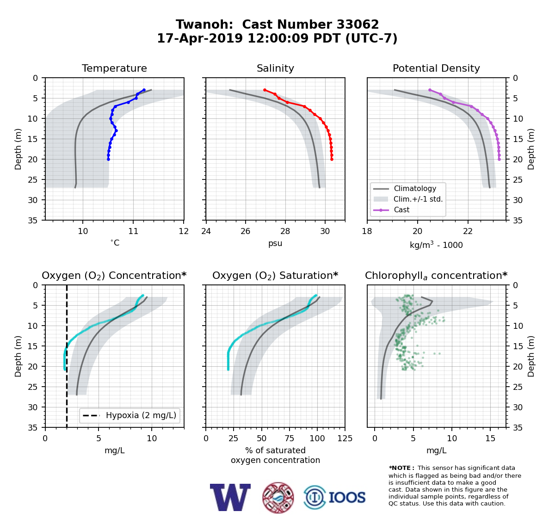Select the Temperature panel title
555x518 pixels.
pyautogui.click(x=114, y=68)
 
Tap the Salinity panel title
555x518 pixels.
pyautogui.click(x=275, y=68)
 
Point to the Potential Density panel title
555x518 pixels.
pyautogui.click(x=436, y=68)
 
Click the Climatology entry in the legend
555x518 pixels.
pyautogui.click(x=405, y=189)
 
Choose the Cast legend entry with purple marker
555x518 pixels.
pyautogui.click(x=391, y=210)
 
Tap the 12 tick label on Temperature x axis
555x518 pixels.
pyautogui.click(x=184, y=231)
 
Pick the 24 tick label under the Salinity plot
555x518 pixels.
pyautogui.click(x=206, y=231)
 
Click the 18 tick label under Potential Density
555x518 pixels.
pyautogui.click(x=367, y=231)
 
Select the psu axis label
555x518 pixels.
pyautogui.click(x=275, y=243)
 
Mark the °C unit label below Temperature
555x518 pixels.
pyautogui.click(x=115, y=243)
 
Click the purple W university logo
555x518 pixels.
pyautogui.click(x=230, y=497)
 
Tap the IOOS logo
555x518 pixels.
pyautogui.click(x=334, y=497)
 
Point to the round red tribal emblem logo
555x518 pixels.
pyautogui.click(x=278, y=498)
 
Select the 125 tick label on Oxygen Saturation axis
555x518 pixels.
pyautogui.click(x=345, y=438)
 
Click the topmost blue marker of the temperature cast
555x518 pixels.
pyautogui.click(x=144, y=90)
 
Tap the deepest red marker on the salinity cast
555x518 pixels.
pyautogui.click(x=332, y=160)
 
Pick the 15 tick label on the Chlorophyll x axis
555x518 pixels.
pyautogui.click(x=490, y=438)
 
